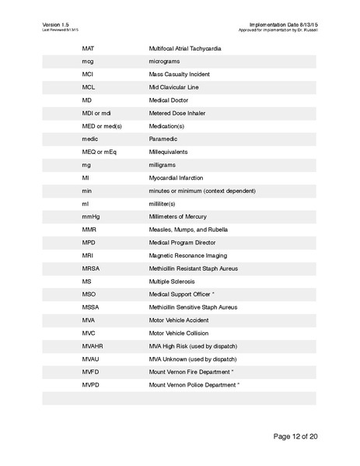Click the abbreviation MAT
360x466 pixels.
pyautogui.click(x=88, y=49)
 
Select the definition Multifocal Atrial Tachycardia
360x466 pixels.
pyautogui.click(x=184, y=49)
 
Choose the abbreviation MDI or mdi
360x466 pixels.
pyautogui.click(x=96, y=114)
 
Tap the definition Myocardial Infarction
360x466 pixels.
pyautogui.click(x=175, y=178)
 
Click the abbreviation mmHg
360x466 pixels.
pyautogui.click(x=90, y=216)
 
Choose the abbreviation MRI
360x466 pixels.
pyautogui.click(x=88, y=255)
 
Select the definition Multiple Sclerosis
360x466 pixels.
pyautogui.click(x=172, y=281)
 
